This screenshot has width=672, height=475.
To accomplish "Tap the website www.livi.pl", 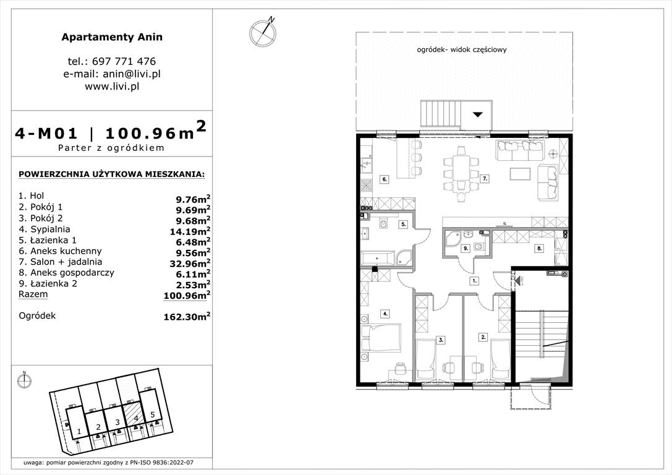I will coord(112,87).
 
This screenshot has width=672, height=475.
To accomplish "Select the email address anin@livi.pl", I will coord(112,74).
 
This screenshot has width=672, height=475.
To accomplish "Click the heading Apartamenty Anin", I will coord(112,36).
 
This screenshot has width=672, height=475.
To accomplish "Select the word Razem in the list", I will coord(33,295).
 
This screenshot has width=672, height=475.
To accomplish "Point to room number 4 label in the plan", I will coord(385,314).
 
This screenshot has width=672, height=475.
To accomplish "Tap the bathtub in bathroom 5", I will coord(375,258).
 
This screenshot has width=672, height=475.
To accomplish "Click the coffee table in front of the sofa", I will coord(520,173).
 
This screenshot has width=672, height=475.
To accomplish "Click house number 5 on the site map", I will coord(152,415).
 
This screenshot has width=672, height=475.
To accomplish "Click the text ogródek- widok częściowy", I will coord(462,50).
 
